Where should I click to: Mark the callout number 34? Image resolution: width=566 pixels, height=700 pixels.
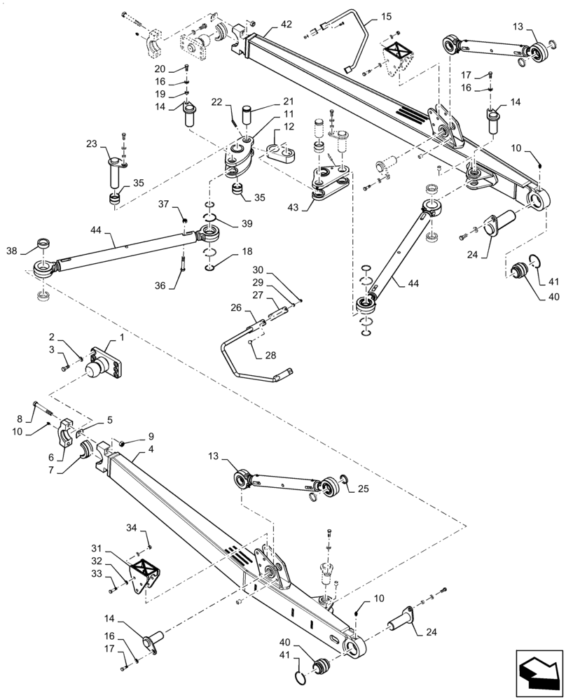[131, 528]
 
